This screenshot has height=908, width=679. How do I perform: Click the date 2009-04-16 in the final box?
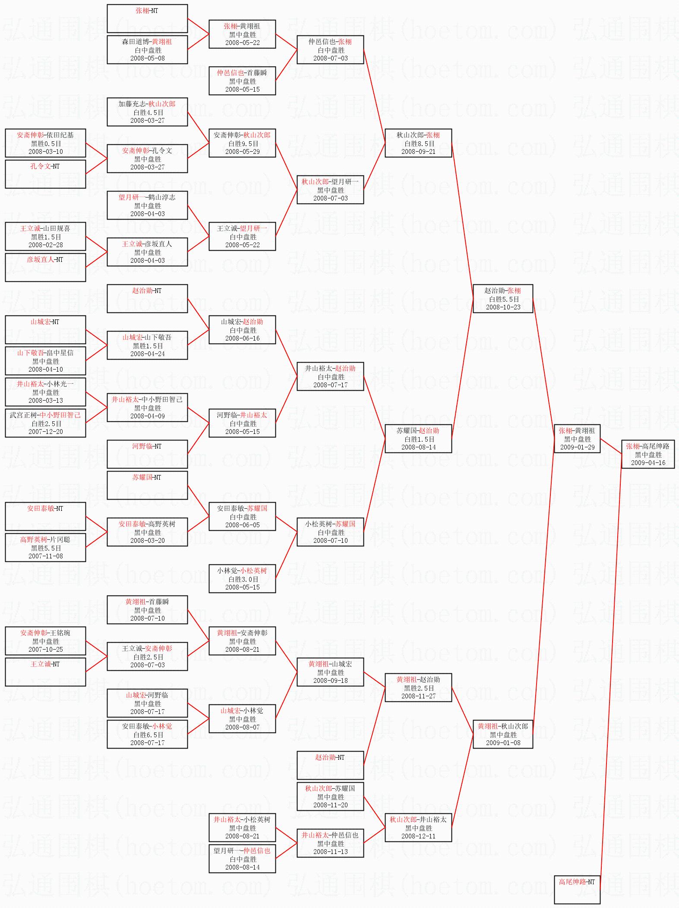tap(648, 463)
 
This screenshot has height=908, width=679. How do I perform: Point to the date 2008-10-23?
tap(503, 307)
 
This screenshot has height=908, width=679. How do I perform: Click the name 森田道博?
tap(135, 42)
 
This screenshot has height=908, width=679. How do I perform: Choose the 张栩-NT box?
tap(147, 18)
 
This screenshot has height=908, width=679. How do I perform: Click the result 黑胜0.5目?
tap(46, 143)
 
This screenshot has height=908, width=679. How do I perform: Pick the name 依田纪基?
tap(60, 135)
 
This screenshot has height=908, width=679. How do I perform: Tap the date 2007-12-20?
tap(46, 432)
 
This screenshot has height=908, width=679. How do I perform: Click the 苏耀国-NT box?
tap(147, 485)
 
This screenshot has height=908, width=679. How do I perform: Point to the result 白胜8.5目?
tap(419, 143)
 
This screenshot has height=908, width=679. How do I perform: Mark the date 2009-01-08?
tap(503, 743)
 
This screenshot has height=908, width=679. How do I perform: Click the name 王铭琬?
tap(60, 633)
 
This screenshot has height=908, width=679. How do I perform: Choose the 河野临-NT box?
tap(147, 454)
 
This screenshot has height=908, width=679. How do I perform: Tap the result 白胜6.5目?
tap(148, 735)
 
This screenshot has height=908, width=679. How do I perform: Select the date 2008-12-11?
tap(418, 836)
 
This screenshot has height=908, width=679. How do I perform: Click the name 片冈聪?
tap(60, 540)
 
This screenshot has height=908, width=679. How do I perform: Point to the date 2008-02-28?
tap(46, 245)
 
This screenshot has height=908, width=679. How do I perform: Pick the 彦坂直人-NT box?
tap(45, 267)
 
